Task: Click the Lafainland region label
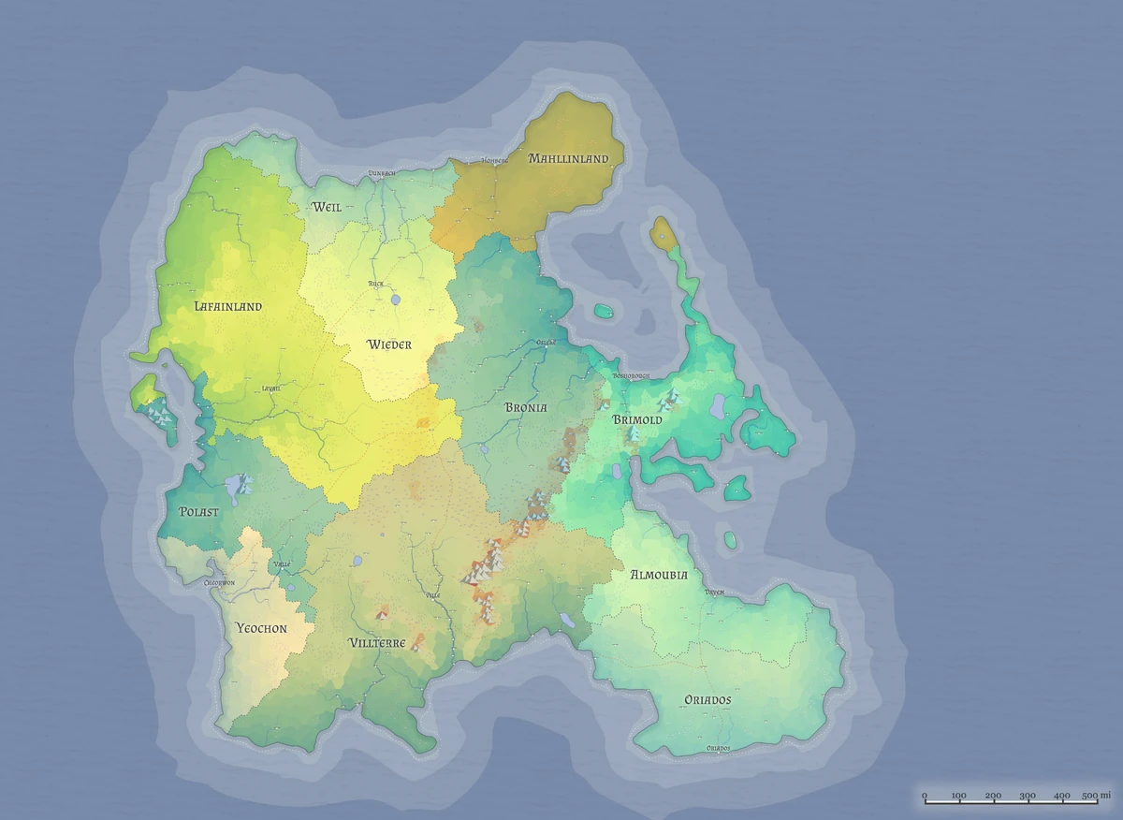tap(228, 306)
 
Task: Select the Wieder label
tap(389, 344)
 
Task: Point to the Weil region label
tap(327, 206)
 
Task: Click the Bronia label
tap(526, 407)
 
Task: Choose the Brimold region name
tap(637, 420)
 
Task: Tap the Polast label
tap(198, 512)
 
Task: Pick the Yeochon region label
tap(261, 628)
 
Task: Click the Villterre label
tap(376, 643)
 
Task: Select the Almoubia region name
tap(659, 575)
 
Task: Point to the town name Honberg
tap(494, 161)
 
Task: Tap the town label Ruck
tap(375, 283)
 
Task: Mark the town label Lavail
tap(271, 388)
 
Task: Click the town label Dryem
tap(715, 593)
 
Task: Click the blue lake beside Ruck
tap(395, 300)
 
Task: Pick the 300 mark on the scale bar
tap(1028, 796)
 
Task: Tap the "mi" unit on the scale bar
tap(1105, 796)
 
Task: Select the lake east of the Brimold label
tap(719, 405)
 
